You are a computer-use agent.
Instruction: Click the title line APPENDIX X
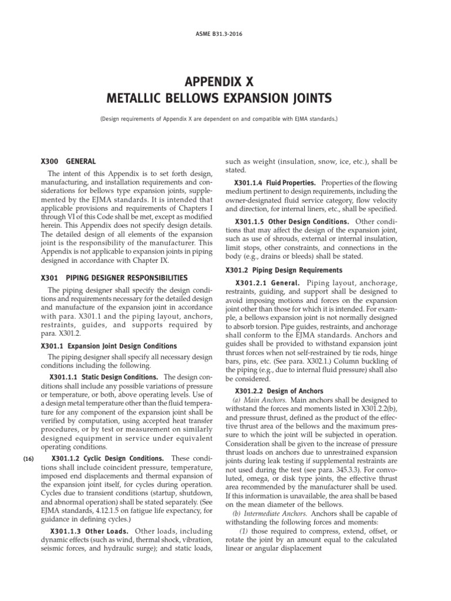click(x=225, y=81)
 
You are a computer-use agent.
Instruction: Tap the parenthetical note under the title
click(x=225, y=119)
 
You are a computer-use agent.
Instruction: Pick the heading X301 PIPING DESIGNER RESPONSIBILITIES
click(x=111, y=277)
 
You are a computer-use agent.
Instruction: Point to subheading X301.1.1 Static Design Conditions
click(x=104, y=376)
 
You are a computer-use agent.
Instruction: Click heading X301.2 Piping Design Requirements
click(x=284, y=270)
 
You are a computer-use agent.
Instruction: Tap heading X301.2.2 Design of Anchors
click(x=279, y=390)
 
